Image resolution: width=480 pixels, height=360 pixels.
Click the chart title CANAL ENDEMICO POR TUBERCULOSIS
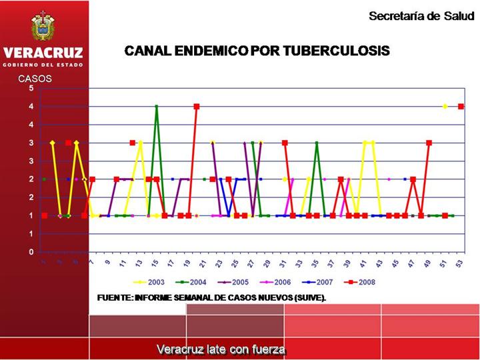point(257,51)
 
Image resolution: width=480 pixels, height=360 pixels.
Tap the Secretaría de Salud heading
point(421,16)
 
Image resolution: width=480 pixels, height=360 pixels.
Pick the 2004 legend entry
point(193,282)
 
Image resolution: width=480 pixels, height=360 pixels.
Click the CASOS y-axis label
point(35,79)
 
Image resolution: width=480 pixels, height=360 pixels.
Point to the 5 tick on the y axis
point(31,88)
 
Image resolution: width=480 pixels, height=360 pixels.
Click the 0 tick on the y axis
point(31,252)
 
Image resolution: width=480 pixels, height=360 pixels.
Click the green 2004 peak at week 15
point(157,107)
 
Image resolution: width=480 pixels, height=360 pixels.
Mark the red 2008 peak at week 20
point(197,107)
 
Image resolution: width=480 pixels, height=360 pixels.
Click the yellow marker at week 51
point(445,107)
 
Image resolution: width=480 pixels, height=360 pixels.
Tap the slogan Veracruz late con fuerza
point(221,349)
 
